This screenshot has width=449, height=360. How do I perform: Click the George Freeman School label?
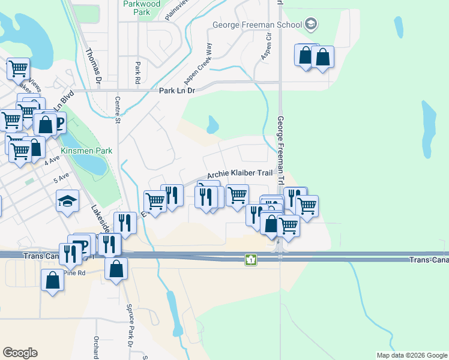(x=258, y=25)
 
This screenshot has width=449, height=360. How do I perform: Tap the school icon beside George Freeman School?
(x=310, y=25)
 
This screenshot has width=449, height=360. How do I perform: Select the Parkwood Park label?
(x=142, y=8)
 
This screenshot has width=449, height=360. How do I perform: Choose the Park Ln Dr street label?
(x=177, y=91)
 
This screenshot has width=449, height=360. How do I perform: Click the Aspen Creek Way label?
(x=198, y=63)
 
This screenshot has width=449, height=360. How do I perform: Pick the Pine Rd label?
(x=75, y=272)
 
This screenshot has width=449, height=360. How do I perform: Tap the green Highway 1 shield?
(x=251, y=260)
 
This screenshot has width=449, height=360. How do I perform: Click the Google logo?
(x=20, y=353)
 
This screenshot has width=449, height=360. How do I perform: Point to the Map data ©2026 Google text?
(x=411, y=355)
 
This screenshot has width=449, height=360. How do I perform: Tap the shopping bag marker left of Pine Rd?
(x=52, y=280)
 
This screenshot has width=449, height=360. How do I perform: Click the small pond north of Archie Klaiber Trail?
(x=212, y=125)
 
